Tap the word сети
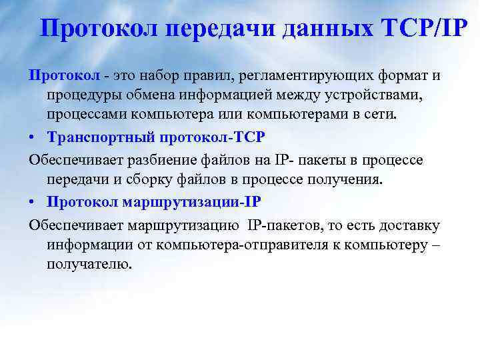400,114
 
